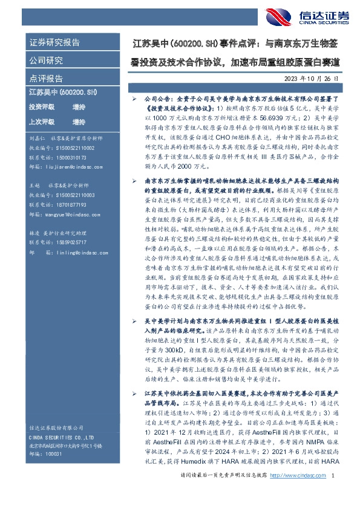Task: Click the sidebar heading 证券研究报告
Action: point(54,43)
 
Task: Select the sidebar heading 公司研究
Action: point(46,60)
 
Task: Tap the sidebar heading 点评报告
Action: point(46,78)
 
